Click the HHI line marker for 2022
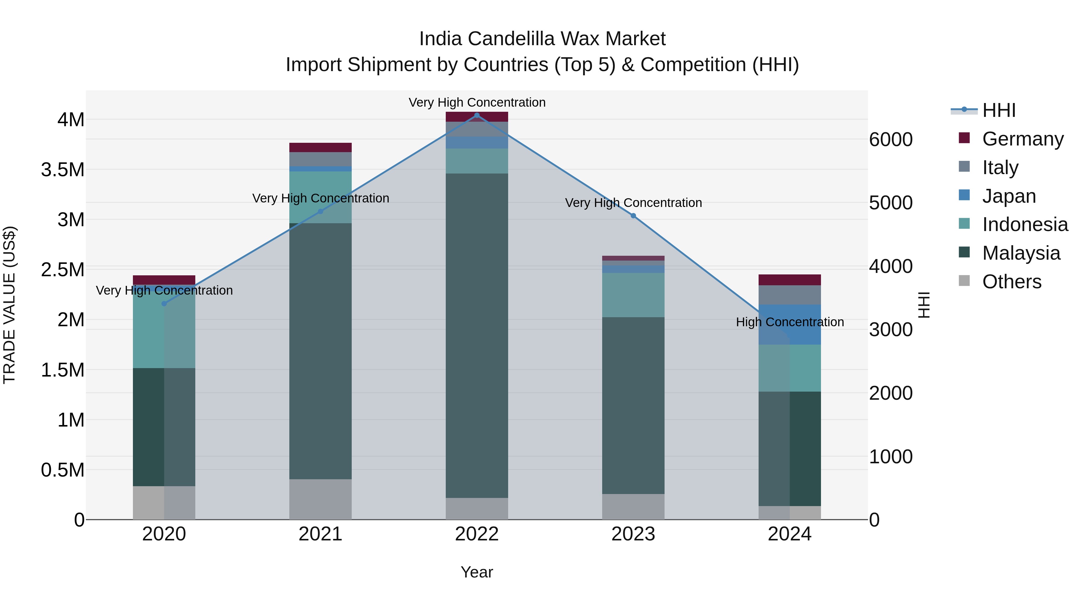(477, 115)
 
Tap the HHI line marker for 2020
(164, 304)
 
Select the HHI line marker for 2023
(633, 216)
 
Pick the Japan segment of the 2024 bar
(790, 324)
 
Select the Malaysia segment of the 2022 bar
(477, 336)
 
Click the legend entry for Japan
(1008, 196)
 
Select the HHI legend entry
(998, 110)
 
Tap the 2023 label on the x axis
(633, 534)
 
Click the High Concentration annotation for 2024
(790, 322)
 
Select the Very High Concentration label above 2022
(477, 102)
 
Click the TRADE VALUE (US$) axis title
(9, 305)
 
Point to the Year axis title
(477, 572)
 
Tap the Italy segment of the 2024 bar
(790, 295)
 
